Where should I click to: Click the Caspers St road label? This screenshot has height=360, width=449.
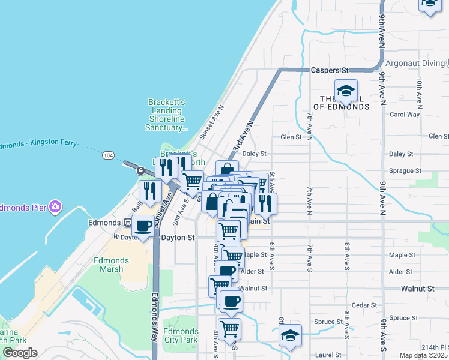click(330, 70)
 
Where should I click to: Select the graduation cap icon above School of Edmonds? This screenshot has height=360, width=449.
click(346, 91)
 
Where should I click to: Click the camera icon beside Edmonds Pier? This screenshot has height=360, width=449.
click(55, 206)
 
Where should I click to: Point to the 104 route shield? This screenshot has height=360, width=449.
click(108, 155)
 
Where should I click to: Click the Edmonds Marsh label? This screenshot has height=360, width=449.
click(111, 265)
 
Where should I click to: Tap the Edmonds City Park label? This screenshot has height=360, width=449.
click(181, 335)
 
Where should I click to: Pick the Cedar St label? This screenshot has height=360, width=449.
click(364, 305)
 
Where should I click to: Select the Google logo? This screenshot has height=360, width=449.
click(20, 353)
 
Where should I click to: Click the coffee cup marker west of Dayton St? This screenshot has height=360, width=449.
click(143, 226)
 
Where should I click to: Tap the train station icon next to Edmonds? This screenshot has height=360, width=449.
click(127, 223)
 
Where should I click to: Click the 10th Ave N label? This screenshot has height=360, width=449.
click(420, 90)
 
